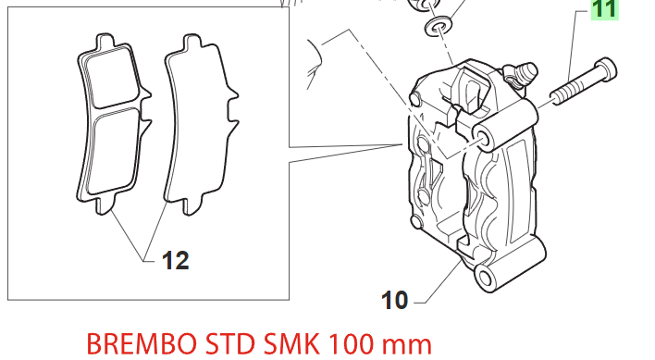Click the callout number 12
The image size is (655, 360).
pos(176,261)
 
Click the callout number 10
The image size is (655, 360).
pos(394,300)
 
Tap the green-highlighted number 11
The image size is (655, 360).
pos(604,9)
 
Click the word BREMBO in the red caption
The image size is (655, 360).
pos(142,344)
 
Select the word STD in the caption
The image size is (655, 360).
pos(229,344)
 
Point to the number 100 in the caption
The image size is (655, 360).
pos(353,344)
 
